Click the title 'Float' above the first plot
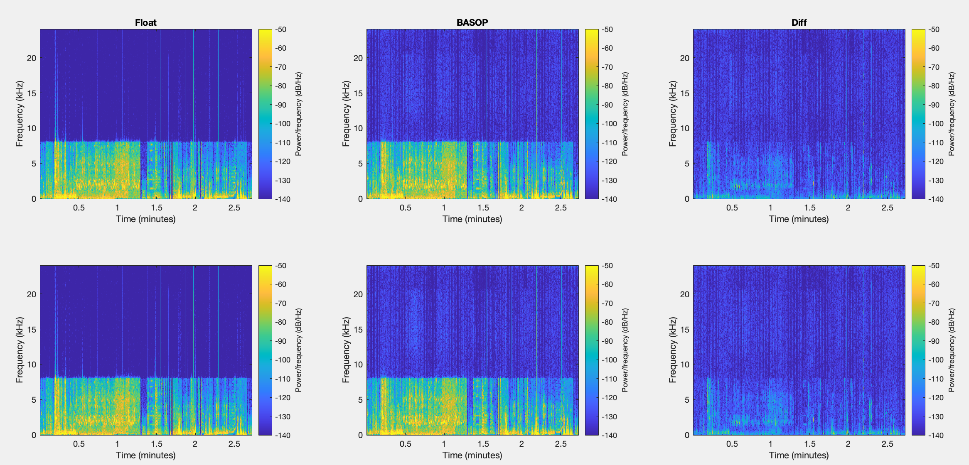[x=145, y=23]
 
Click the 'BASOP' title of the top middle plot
[x=472, y=23]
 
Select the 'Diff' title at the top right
[x=799, y=23]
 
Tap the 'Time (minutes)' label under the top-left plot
[x=145, y=219]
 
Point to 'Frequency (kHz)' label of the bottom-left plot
[x=19, y=350]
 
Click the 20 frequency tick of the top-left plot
[x=32, y=58]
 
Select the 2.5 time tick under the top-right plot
[x=887, y=208]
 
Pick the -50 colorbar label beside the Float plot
[x=281, y=29]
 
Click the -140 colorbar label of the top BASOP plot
[x=609, y=199]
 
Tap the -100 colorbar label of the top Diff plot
[x=935, y=124]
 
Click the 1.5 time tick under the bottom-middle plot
[x=483, y=444]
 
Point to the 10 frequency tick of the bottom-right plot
[x=684, y=365]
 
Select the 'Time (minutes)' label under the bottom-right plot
[x=799, y=455]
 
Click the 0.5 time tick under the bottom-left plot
[x=79, y=444]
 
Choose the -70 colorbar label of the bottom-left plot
[x=281, y=303]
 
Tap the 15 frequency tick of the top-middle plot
[x=358, y=93]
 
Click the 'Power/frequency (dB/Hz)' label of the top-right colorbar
[x=952, y=114]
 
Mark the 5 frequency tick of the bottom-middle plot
[x=360, y=400]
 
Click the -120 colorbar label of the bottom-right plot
[x=935, y=398]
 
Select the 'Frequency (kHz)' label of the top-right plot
[x=672, y=114]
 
